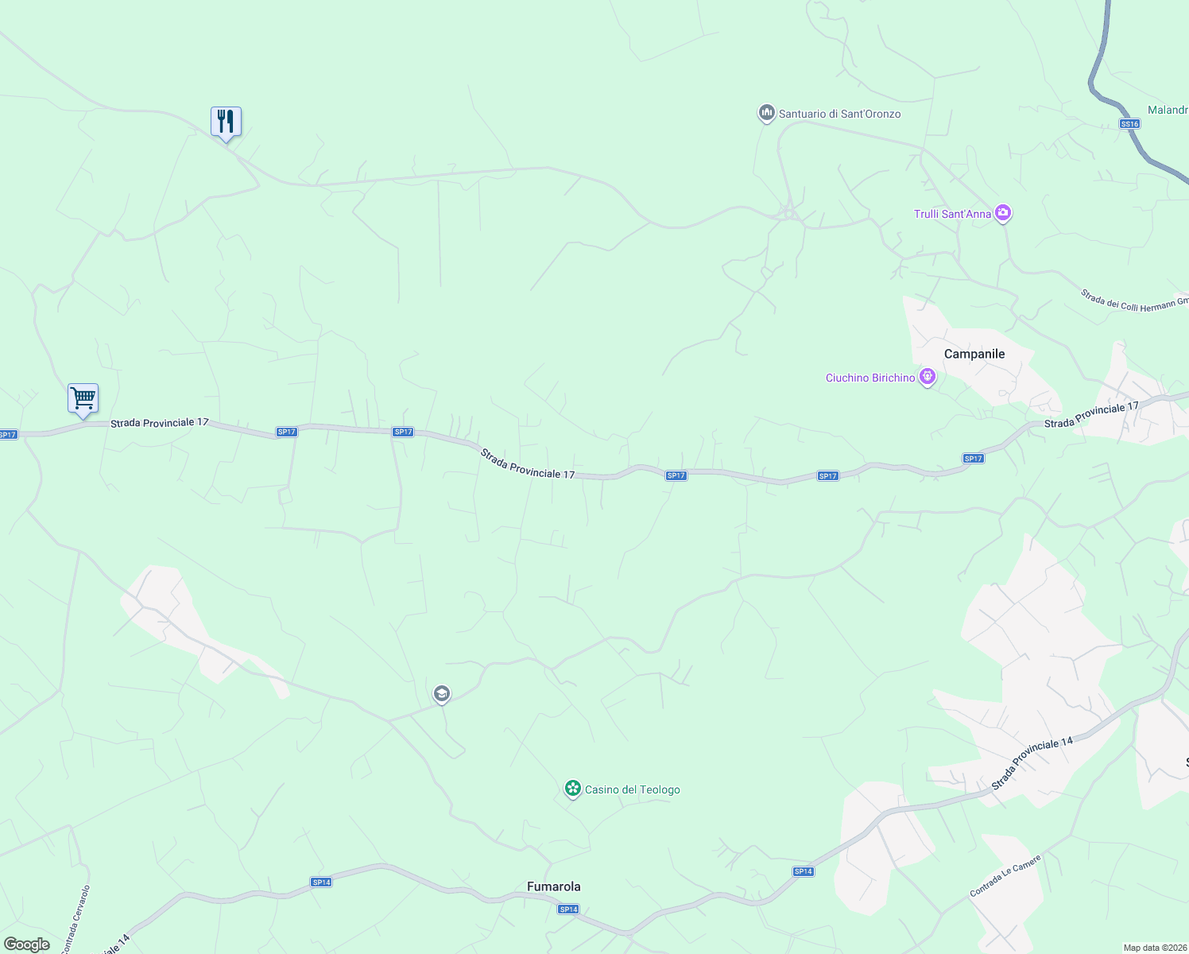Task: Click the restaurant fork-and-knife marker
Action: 226,122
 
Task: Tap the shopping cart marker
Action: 83,397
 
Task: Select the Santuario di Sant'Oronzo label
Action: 839,114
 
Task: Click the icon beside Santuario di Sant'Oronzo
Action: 766,113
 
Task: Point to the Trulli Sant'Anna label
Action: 952,214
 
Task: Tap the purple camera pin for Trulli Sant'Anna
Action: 1003,212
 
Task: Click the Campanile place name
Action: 974,354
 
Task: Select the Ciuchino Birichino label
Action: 870,378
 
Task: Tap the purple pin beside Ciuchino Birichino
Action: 927,377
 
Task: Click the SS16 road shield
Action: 1129,123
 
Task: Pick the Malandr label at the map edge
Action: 1168,110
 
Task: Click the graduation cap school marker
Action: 442,694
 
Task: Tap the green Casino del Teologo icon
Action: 572,789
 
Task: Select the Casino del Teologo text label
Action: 633,789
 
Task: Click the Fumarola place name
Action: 554,886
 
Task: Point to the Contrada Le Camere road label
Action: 1005,876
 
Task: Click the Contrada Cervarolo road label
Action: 76,918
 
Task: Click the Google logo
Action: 27,944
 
